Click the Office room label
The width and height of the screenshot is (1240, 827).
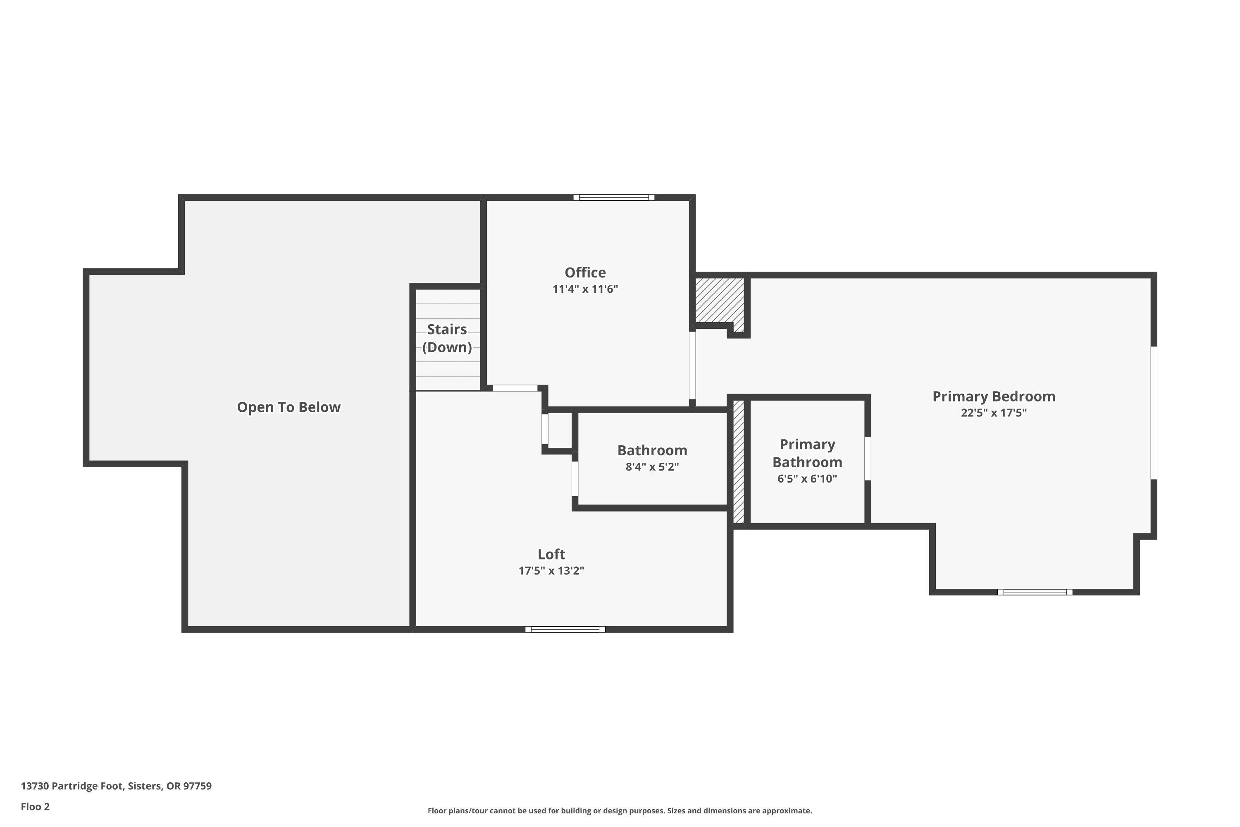(x=585, y=272)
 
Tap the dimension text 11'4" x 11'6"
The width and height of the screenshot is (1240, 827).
(x=585, y=289)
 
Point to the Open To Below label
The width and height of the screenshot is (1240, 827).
(x=289, y=407)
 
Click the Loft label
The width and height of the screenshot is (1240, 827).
(x=551, y=555)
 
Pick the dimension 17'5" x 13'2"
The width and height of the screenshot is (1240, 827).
(x=551, y=571)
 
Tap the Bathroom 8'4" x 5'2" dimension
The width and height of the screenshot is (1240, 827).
(x=652, y=467)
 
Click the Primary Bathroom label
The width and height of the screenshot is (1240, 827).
(x=807, y=453)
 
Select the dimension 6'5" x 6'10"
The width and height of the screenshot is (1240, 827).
(x=807, y=479)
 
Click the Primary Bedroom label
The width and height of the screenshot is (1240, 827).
(x=993, y=397)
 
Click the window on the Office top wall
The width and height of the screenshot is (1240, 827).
(x=614, y=198)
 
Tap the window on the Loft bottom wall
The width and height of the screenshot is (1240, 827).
(x=565, y=629)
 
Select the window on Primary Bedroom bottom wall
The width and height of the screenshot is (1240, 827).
(x=1035, y=592)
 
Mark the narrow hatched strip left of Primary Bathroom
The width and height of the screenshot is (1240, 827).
(x=739, y=461)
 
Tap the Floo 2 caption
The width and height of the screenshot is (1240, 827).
(x=35, y=806)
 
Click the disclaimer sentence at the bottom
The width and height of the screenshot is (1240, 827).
(x=620, y=810)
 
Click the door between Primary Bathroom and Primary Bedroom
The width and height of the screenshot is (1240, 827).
(x=867, y=458)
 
